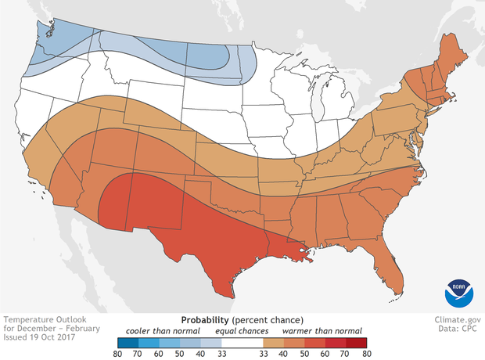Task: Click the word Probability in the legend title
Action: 206,320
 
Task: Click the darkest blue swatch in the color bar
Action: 127,341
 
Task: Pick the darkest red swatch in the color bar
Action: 360,341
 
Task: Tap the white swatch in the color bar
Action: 243,341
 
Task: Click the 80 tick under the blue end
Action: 117,353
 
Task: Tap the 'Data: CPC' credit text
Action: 461,330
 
